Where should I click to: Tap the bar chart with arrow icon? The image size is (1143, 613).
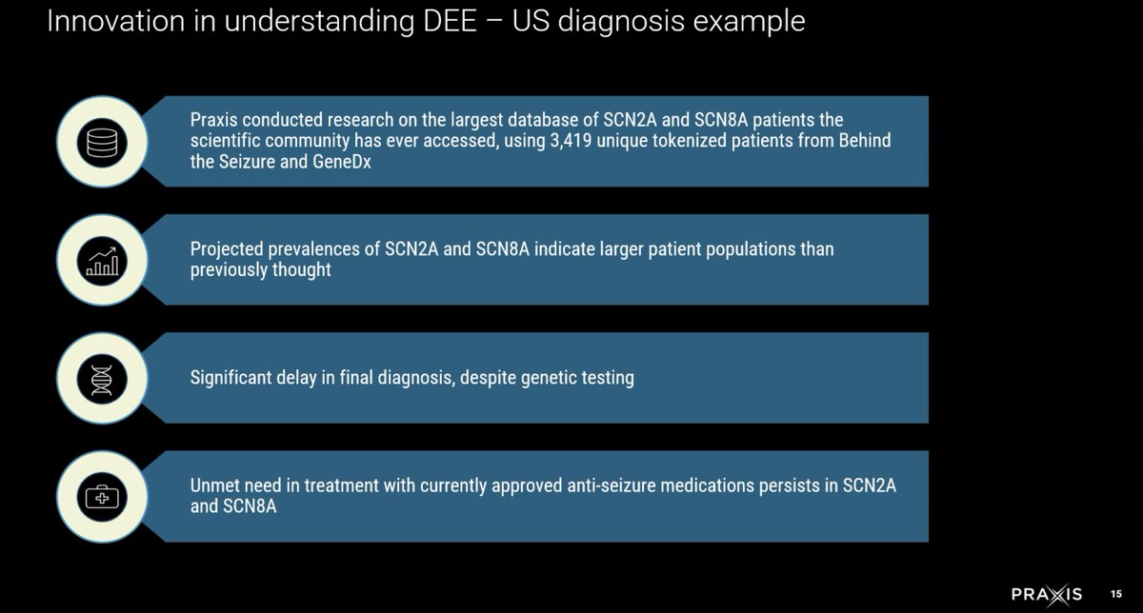pos(100,260)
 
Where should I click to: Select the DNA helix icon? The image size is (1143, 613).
pos(100,378)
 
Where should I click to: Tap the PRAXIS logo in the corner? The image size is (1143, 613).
pos(1046,594)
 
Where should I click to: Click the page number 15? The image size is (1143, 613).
pos(1116,594)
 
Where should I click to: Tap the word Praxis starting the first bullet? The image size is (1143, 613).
pos(214,121)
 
